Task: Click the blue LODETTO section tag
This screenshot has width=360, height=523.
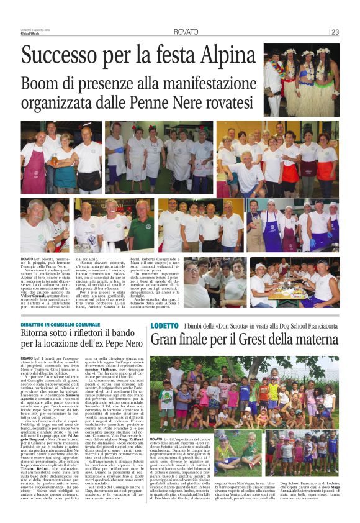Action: pyautogui.click(x=164, y=325)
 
